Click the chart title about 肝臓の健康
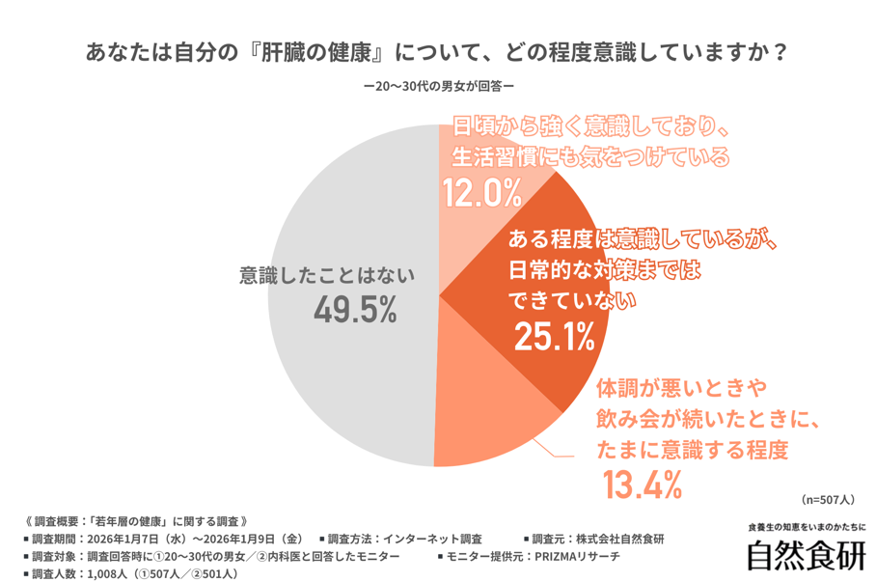click(437, 51)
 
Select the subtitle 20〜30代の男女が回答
click(437, 87)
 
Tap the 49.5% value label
click(355, 310)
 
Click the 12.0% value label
click(481, 193)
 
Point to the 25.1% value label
click(553, 335)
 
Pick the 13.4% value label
click(643, 483)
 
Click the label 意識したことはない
click(326, 275)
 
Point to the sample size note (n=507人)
click(827, 500)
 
